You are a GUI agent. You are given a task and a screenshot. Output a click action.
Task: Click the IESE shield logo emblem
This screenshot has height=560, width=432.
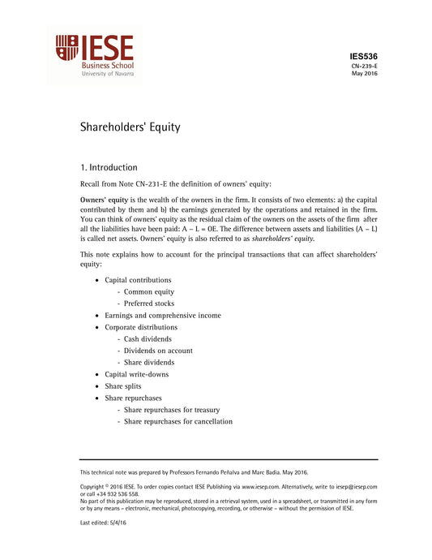click(66, 48)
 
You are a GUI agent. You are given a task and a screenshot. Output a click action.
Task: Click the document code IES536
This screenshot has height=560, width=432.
click(363, 56)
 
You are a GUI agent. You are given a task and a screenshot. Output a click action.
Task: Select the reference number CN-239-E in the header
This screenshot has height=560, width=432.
click(364, 66)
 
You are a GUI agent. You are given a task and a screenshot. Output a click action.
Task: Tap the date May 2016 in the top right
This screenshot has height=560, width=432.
click(364, 74)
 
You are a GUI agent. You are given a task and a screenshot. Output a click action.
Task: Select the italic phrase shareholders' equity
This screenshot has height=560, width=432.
click(283, 239)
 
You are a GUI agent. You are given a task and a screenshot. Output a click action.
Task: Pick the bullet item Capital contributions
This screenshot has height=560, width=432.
click(138, 280)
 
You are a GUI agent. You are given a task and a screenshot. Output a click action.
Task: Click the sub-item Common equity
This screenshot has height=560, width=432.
click(148, 291)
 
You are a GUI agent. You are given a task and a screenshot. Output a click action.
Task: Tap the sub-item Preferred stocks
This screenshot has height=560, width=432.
click(149, 304)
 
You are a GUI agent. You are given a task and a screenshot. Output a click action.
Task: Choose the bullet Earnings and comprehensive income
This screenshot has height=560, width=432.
click(162, 315)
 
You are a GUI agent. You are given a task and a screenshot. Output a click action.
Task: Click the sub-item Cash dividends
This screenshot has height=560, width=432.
click(148, 339)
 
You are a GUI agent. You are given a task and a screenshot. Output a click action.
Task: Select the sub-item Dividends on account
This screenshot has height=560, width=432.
click(158, 351)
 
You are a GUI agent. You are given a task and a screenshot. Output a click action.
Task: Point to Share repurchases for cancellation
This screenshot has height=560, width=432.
click(178, 421)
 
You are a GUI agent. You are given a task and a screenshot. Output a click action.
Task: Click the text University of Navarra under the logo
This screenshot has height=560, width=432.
click(108, 72)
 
